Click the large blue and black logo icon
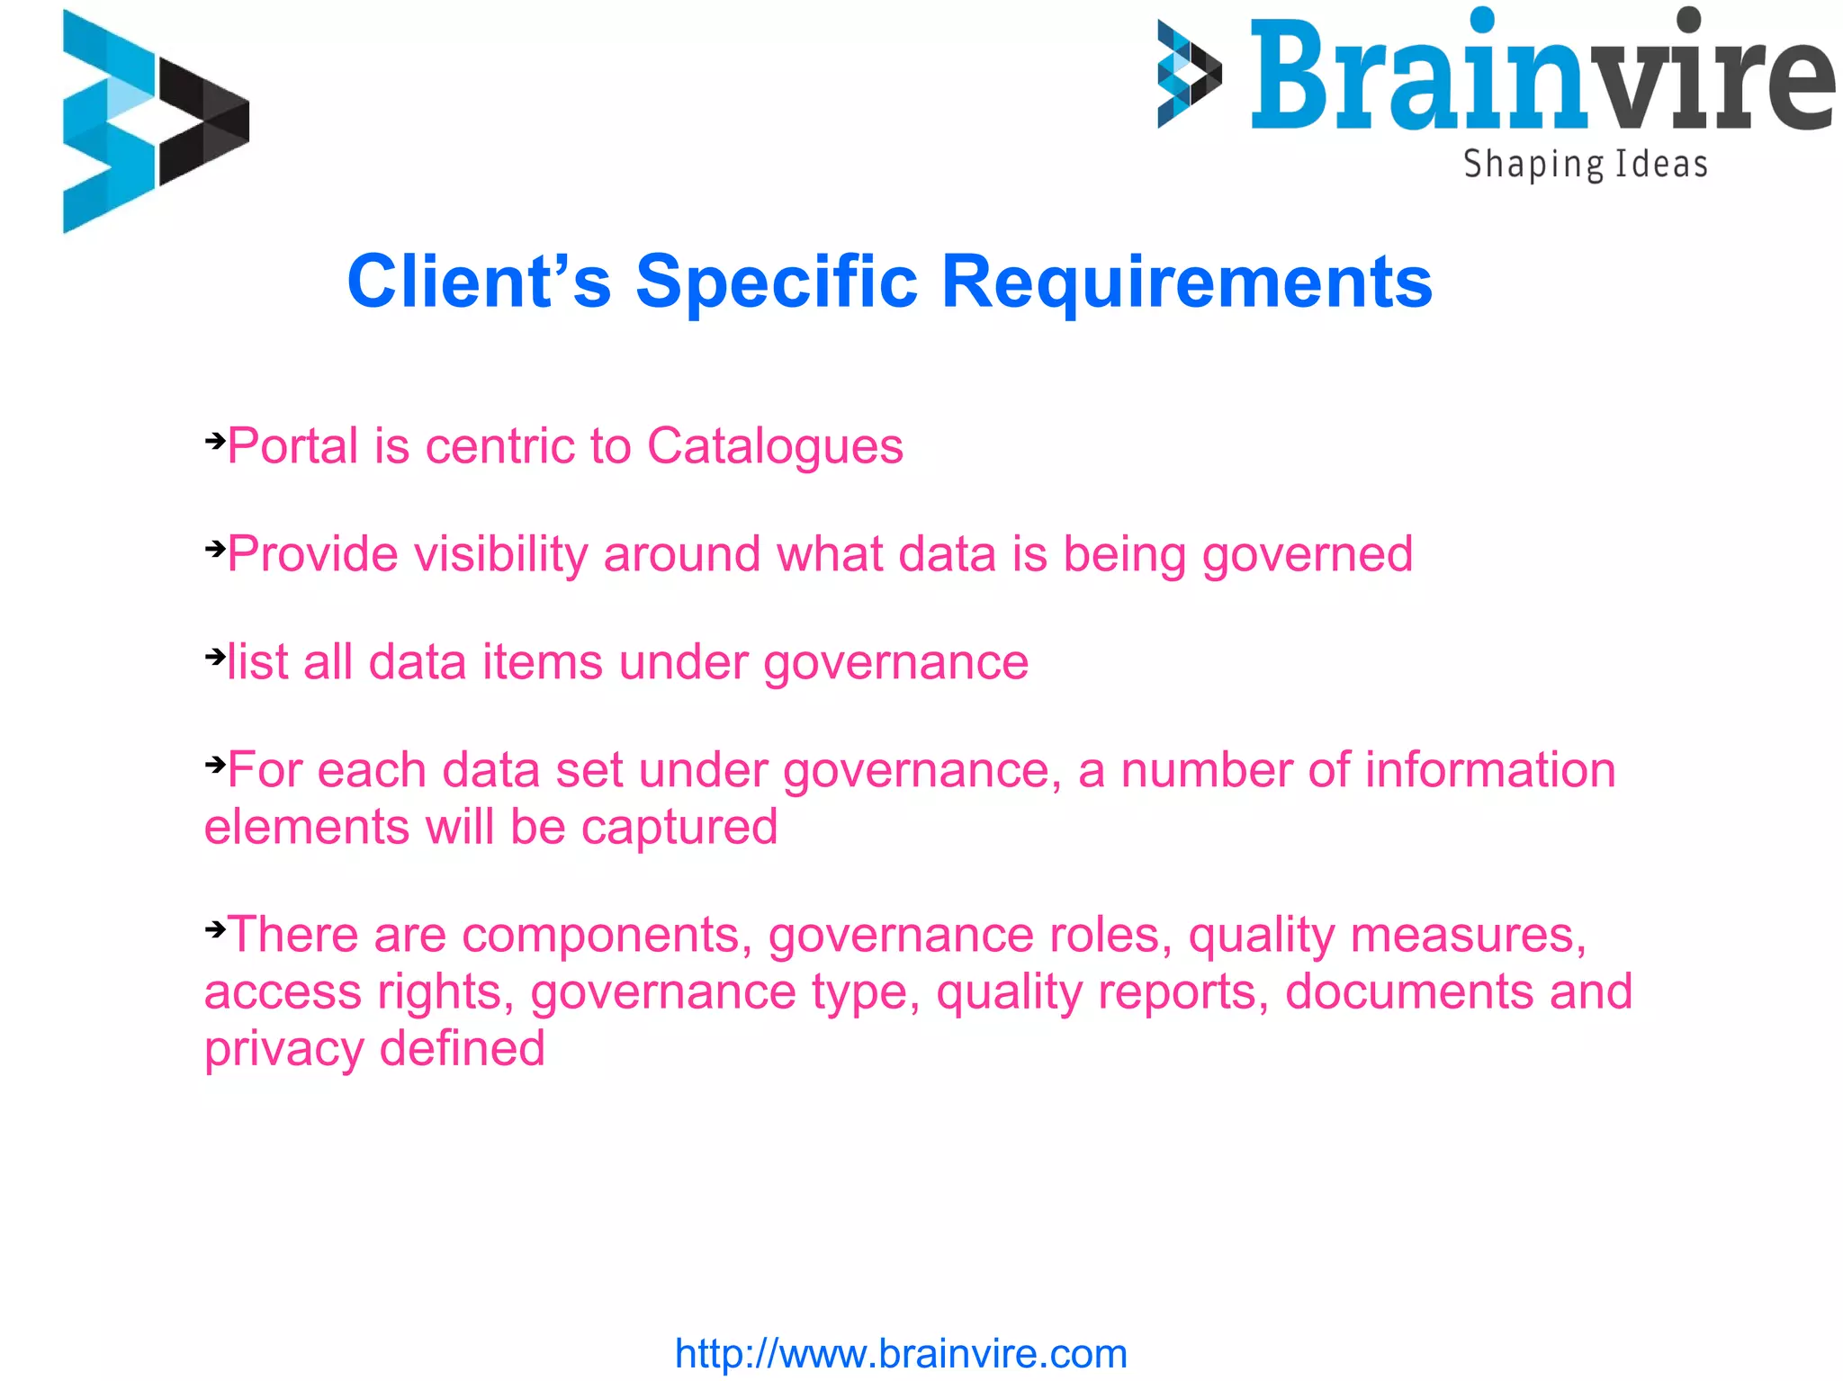155,121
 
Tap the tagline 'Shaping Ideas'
1585,166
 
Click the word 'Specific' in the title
776,282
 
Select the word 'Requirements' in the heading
1186,282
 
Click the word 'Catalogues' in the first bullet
775,446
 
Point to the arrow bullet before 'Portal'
215,441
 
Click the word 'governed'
1307,554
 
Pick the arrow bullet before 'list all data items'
215,657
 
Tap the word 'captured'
679,827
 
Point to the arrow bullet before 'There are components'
215,928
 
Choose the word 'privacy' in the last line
283,1049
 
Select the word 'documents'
1408,991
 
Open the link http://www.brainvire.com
901,1353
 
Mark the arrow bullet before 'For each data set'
215,765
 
